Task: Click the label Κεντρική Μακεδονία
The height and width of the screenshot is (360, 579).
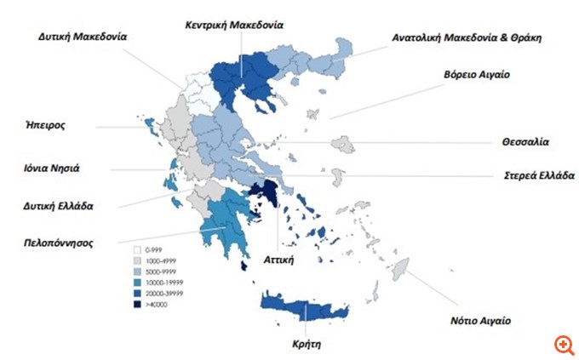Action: pyautogui.click(x=234, y=25)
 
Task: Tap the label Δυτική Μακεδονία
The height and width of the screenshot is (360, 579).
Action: pyautogui.click(x=83, y=37)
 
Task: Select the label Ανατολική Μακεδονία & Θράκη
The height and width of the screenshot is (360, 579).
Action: pyautogui.click(x=467, y=37)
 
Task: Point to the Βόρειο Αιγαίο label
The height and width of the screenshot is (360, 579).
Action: pyautogui.click(x=476, y=75)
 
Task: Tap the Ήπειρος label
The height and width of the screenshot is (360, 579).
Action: pyautogui.click(x=45, y=124)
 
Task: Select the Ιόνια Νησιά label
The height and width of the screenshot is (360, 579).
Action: pyautogui.click(x=50, y=168)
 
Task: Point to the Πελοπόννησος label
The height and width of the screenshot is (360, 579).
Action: pyautogui.click(x=59, y=243)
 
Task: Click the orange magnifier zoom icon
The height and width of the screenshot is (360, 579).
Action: pyautogui.click(x=563, y=344)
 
